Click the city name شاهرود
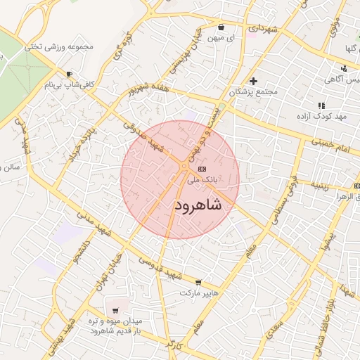tap(197, 205)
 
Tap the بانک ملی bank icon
tap(202, 169)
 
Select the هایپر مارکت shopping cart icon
tap(198, 281)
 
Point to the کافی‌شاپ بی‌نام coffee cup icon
tap(69, 75)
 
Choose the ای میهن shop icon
tap(221, 27)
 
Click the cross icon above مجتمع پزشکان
tap(253, 81)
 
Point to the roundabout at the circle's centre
tap(184, 166)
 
